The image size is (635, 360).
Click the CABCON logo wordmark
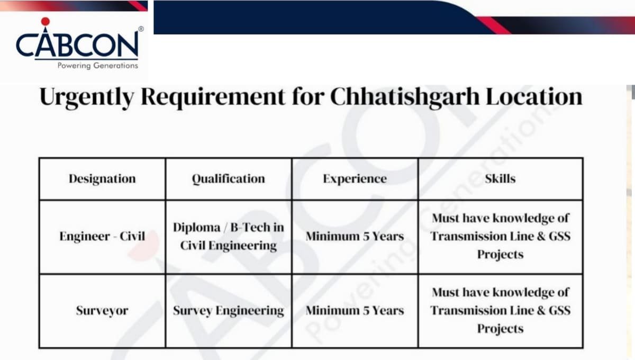coord(77,46)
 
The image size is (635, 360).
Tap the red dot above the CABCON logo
coord(45,22)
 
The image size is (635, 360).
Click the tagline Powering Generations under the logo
coord(97,66)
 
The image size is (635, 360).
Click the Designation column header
coord(102,179)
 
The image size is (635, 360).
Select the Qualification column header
coord(228,179)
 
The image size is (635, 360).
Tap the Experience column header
coord(355,179)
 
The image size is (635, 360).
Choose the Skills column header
coord(500,179)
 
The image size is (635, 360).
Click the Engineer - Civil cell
coord(102,237)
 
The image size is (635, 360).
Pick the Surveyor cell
coord(102,311)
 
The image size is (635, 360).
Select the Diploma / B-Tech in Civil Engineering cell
coord(228,237)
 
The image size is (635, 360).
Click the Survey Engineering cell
coord(228,311)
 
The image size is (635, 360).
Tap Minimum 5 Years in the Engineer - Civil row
coord(355,237)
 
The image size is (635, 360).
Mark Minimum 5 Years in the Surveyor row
coord(355,311)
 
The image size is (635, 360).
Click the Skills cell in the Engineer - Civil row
coord(500,236)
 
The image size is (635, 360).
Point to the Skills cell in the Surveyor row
coord(500,310)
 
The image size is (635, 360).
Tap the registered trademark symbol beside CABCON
coord(140,29)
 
